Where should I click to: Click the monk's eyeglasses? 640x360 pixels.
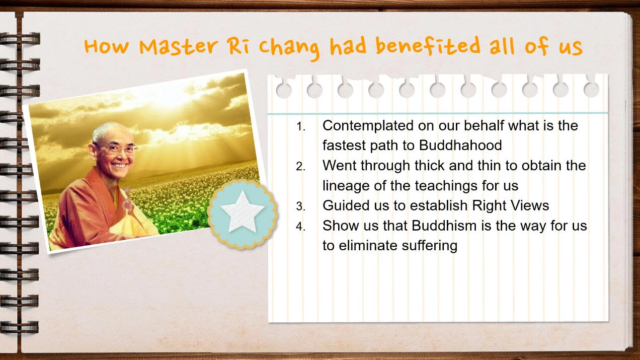(x=115, y=148)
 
